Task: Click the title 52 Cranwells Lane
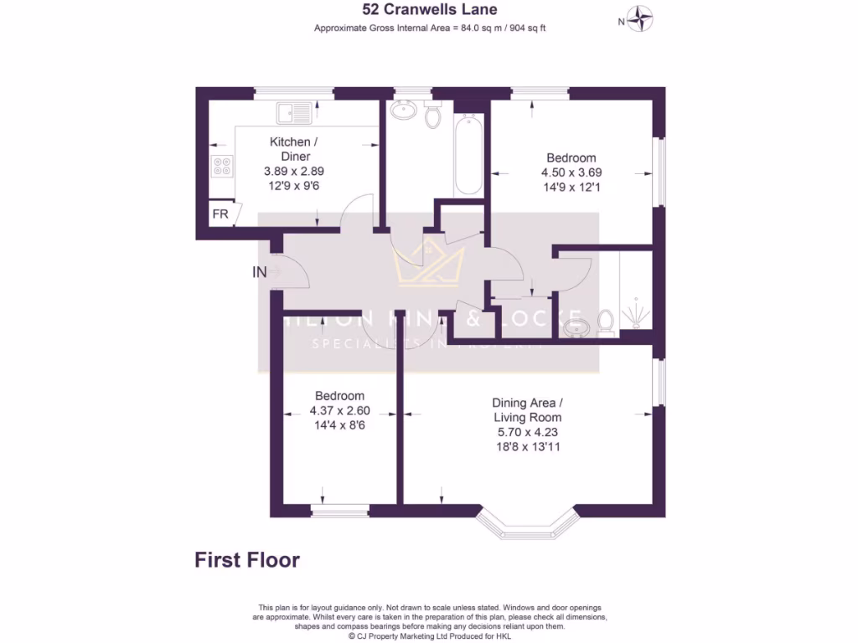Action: pyautogui.click(x=429, y=10)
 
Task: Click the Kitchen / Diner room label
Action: pyautogui.click(x=290, y=149)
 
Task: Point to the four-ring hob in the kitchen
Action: pyautogui.click(x=222, y=167)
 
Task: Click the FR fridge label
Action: pyautogui.click(x=220, y=214)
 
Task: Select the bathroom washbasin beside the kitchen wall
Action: pyautogui.click(x=405, y=109)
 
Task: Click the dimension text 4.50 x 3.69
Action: pyautogui.click(x=571, y=172)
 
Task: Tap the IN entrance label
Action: pyautogui.click(x=260, y=272)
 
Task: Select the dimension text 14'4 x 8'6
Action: pyautogui.click(x=339, y=425)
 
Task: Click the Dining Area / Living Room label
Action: pyautogui.click(x=527, y=409)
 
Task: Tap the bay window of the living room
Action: pyautogui.click(x=528, y=524)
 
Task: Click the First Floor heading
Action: pyautogui.click(x=247, y=560)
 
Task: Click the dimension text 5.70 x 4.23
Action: pyautogui.click(x=527, y=432)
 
